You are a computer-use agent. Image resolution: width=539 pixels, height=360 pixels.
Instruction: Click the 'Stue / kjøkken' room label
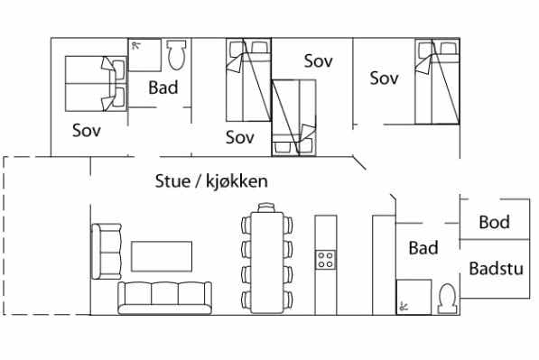211,181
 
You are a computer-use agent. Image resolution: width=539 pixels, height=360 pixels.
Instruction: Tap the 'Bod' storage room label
495,222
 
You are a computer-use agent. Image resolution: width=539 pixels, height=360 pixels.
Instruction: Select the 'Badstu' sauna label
496,268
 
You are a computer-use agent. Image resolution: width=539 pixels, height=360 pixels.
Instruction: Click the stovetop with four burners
326,259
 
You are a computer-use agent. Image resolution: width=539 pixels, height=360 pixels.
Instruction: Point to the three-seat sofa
164,298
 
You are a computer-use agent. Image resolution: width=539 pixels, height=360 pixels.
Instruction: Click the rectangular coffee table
162,256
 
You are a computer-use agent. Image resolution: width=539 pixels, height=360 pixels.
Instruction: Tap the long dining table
267,262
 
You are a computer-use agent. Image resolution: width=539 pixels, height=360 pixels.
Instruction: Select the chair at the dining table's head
266,208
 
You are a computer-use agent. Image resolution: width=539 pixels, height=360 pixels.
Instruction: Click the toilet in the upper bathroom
176,55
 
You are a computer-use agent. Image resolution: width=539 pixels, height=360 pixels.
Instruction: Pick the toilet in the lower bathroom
447,299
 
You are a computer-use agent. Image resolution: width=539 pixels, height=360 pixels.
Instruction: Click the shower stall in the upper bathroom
144,55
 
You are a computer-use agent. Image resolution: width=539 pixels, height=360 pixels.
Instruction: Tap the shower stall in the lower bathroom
414,297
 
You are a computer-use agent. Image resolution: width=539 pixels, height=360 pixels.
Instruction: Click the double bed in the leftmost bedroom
96,84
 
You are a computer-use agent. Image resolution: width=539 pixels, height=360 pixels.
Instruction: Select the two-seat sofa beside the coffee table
107,251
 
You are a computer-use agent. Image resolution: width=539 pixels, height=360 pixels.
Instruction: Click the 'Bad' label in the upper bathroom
163,88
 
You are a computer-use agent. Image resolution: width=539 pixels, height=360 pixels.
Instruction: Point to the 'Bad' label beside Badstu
423,248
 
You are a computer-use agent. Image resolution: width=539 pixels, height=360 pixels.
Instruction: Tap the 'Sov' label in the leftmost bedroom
87,131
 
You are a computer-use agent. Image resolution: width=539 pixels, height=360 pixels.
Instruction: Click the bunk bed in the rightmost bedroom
437,81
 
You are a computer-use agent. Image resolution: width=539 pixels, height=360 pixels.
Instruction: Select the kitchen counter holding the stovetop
326,265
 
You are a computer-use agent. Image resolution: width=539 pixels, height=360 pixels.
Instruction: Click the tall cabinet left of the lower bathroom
384,265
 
